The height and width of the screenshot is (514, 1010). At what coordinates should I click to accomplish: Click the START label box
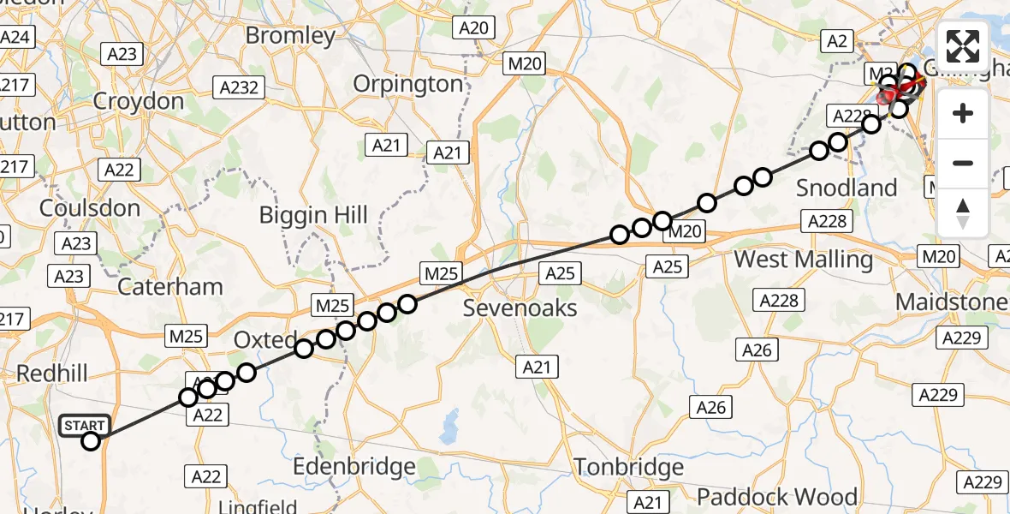(x=85, y=426)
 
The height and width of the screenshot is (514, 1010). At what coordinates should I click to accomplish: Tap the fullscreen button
(x=963, y=45)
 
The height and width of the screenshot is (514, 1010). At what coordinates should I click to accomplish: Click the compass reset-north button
(x=963, y=213)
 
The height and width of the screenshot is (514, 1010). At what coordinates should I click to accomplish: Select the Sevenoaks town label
(x=520, y=308)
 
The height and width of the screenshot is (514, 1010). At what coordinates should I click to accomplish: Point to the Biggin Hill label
(x=313, y=214)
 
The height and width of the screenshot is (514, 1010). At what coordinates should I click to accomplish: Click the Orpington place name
(x=408, y=84)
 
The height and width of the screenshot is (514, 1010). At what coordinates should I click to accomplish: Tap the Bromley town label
(x=290, y=36)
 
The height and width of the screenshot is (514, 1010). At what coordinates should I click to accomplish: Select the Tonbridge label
(x=628, y=467)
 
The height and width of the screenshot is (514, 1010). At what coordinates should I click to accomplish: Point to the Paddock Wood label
(x=776, y=497)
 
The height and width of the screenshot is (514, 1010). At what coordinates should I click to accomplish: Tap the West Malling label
(x=804, y=259)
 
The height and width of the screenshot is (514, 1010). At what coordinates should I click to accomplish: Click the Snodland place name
(x=847, y=188)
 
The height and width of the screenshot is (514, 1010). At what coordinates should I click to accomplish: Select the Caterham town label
(x=169, y=286)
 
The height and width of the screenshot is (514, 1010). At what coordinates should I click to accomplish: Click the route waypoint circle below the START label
(x=91, y=441)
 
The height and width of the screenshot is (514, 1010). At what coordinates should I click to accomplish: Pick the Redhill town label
(x=48, y=374)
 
